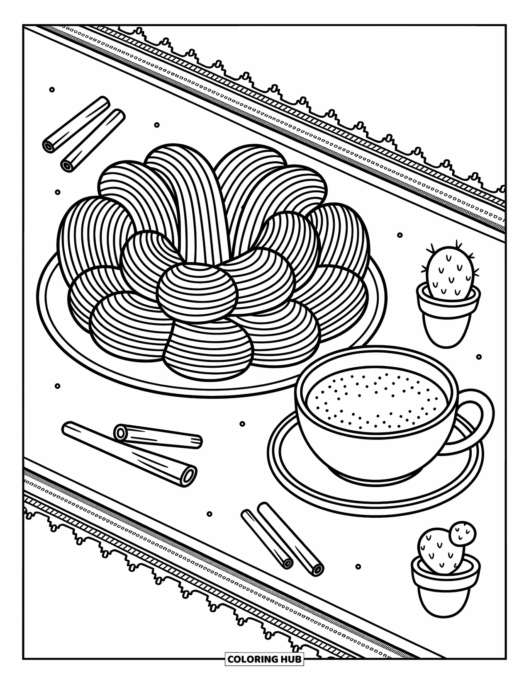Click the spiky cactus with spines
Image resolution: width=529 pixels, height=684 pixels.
pos(451,272)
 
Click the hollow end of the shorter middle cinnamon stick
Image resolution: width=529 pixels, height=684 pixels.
pos(121,433)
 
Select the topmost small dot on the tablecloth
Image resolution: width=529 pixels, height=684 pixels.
pos(52,90)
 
